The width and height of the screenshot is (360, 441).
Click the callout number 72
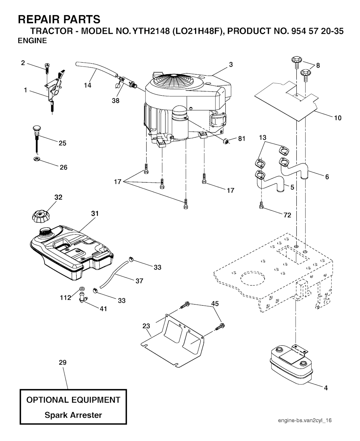click(287, 215)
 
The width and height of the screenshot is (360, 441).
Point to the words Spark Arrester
click(73, 415)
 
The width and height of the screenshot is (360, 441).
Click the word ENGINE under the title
click(32, 40)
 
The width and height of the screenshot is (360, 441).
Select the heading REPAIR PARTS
click(59, 19)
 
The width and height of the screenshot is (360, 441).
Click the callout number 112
click(66, 298)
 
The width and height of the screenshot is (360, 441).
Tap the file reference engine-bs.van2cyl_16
click(305, 420)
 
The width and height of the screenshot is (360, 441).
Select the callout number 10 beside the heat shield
click(337, 118)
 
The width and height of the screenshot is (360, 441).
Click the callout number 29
click(63, 362)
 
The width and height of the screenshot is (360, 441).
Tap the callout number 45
click(215, 303)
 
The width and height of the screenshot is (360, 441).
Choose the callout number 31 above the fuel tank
click(95, 213)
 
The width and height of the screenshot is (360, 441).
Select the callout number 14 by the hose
click(88, 85)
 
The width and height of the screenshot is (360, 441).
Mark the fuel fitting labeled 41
click(83, 298)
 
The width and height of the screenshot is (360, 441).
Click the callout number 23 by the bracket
click(146, 326)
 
